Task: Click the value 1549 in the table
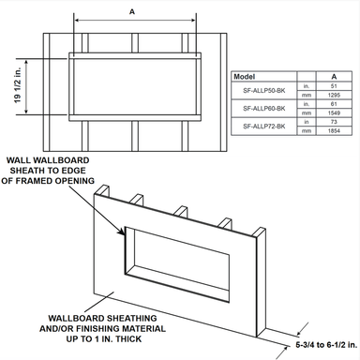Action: point(333,113)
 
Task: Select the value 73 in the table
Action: point(333,122)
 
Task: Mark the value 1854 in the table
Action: point(333,130)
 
